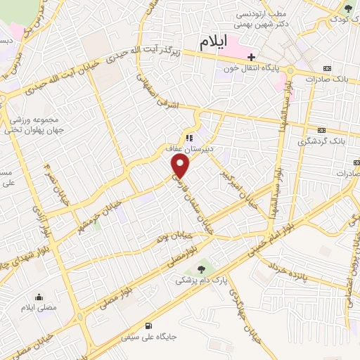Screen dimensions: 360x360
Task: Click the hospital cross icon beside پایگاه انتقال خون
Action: pos(250,57)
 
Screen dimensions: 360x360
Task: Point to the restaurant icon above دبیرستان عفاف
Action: pos(188,138)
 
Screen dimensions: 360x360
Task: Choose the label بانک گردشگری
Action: pos(322,141)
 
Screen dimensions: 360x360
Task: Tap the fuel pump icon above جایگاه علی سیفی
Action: pos(147,326)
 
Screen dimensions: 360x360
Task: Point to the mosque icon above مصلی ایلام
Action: pos(38,297)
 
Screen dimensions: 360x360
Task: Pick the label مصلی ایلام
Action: pos(38,309)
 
